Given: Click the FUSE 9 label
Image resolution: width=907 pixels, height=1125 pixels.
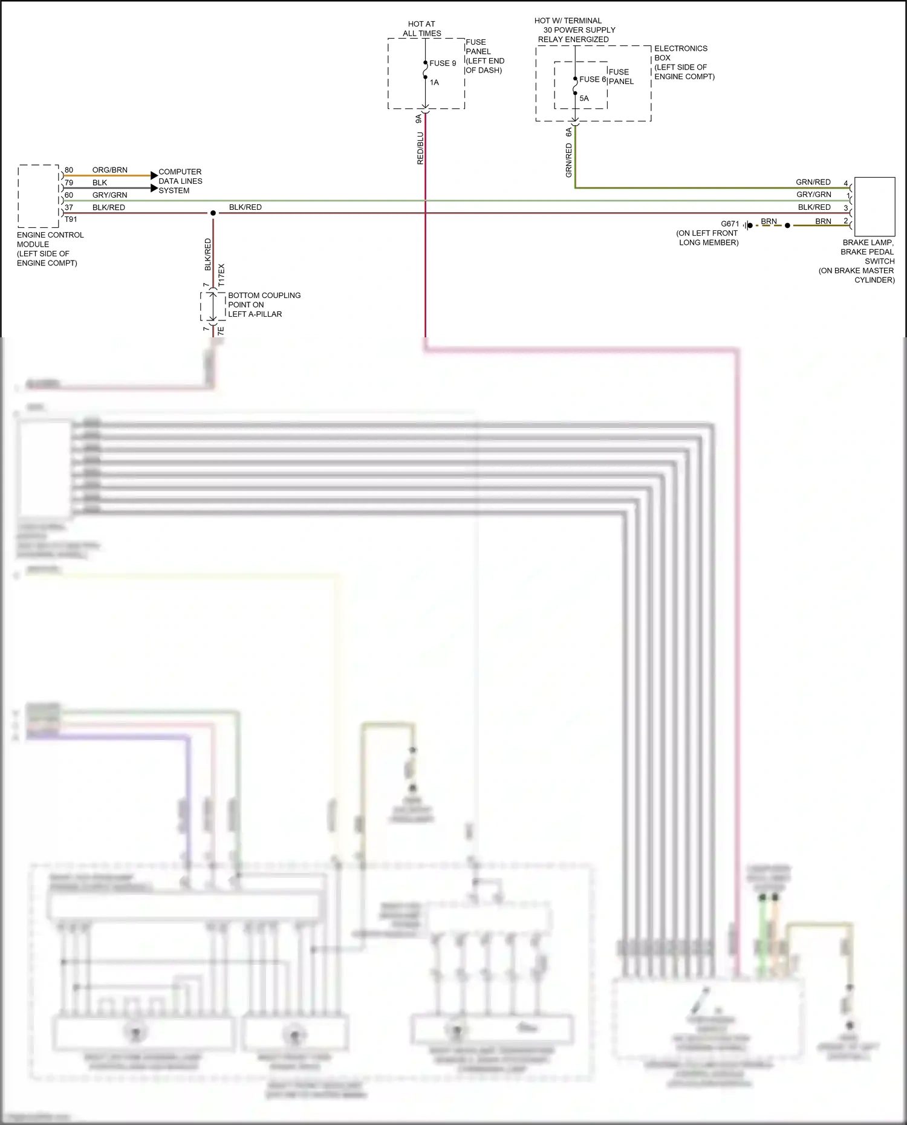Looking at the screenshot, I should click(443, 63).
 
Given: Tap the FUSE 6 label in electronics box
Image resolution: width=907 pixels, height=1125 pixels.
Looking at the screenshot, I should click(592, 79).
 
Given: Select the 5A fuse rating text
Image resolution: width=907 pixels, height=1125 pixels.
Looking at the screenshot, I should click(584, 98).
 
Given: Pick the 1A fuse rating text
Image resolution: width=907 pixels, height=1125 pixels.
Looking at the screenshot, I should click(434, 82).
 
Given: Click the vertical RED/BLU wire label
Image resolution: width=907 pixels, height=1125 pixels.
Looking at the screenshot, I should click(420, 149).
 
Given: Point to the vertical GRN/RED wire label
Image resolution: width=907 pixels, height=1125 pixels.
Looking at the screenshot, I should click(569, 160).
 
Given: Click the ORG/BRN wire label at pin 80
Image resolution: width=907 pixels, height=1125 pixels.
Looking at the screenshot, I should click(109, 170).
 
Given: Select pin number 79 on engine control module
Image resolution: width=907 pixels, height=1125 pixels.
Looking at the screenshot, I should click(69, 183).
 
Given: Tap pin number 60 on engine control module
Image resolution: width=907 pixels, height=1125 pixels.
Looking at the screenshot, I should click(69, 195).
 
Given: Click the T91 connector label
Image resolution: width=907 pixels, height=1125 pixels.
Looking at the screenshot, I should click(71, 219).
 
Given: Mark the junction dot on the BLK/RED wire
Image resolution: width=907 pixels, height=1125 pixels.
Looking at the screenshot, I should click(213, 213).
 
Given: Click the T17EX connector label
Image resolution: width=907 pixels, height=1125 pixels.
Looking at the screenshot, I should click(221, 275).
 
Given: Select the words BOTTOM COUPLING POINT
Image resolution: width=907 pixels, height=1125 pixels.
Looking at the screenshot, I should click(264, 300).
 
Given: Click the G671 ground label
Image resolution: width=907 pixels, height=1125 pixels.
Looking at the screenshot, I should click(730, 224).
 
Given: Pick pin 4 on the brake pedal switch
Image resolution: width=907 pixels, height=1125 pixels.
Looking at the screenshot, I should click(845, 183).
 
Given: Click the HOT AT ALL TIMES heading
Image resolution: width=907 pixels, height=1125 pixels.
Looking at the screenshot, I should click(421, 28).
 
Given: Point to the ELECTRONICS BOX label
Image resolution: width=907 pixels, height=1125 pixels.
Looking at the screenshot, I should click(680, 53).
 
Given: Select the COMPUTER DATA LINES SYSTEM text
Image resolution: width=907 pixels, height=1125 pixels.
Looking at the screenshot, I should click(180, 181).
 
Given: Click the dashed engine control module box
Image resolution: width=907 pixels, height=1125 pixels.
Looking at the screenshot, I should click(38, 196).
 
